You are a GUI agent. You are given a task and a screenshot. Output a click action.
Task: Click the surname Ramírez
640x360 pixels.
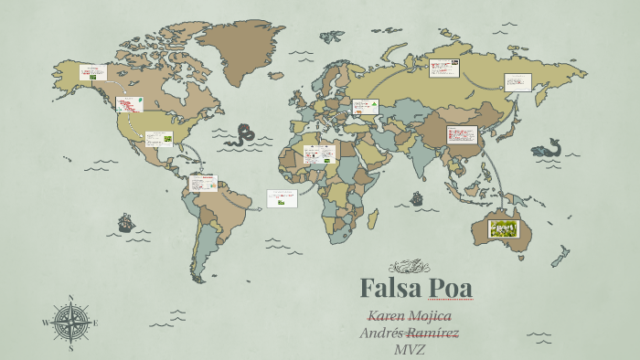point(433,333)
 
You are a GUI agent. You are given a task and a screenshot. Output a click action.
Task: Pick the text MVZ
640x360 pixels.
point(411,349)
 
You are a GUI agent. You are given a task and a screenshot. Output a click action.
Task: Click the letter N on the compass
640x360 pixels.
point(70,298)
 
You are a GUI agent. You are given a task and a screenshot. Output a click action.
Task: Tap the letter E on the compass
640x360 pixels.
point(95,323)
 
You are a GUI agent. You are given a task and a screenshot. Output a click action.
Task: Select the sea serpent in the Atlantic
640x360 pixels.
point(243,135)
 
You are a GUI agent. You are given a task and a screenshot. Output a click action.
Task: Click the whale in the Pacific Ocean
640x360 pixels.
point(547,148)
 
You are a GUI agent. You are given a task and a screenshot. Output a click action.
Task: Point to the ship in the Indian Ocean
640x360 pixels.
point(417,197)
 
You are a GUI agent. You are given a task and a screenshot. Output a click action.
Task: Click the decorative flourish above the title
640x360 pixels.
point(408,267)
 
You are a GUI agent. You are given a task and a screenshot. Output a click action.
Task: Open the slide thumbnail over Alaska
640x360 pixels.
point(92,72)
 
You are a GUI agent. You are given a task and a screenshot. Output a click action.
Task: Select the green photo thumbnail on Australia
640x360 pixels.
point(504,228)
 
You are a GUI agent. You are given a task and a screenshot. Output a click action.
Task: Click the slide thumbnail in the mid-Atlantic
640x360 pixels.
point(282,198)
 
